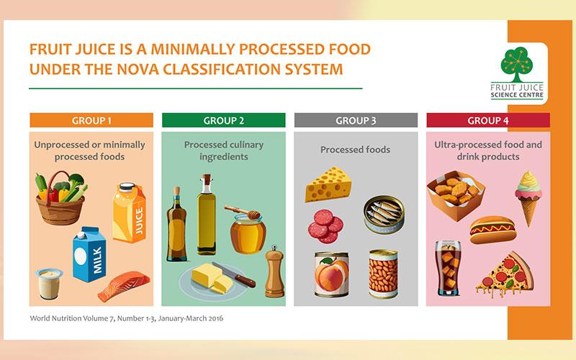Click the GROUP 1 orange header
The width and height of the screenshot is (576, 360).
click(x=91, y=120)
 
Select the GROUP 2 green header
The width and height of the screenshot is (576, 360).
click(x=224, y=120)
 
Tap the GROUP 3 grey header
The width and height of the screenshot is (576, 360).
click(x=356, y=120)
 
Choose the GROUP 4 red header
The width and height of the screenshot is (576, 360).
click(x=488, y=120)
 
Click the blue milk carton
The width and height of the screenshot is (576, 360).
click(x=89, y=254)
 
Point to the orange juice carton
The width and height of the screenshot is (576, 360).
click(x=129, y=212)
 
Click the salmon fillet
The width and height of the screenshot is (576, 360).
click(x=124, y=285)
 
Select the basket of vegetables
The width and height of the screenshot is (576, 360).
click(x=61, y=199)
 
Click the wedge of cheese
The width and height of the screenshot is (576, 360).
click(x=328, y=185)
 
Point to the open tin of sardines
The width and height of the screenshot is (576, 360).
click(x=384, y=215)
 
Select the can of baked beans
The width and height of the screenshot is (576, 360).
click(x=384, y=274)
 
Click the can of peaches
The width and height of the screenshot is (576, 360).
click(x=332, y=274)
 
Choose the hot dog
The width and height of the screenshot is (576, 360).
click(x=493, y=230)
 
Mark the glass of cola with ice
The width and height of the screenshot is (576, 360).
click(x=448, y=268)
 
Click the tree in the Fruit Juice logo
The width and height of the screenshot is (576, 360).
click(x=516, y=64)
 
